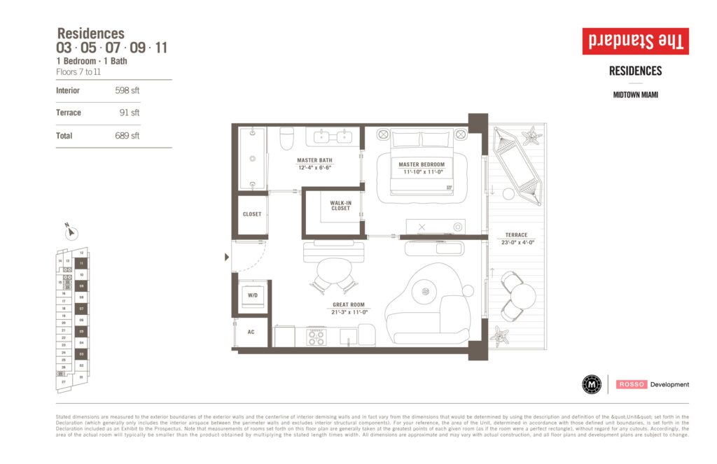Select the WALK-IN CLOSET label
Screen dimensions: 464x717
[340, 205]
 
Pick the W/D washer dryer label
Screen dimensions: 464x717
[251, 295]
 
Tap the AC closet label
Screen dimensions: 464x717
[250, 331]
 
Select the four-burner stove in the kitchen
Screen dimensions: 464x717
[317, 337]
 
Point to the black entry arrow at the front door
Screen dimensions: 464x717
[226, 258]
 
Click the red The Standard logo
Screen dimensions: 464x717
[635, 41]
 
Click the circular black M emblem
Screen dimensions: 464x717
[592, 384]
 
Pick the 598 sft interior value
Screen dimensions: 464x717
[127, 90]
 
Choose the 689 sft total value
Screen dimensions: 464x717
[127, 136]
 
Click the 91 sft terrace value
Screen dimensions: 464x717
[130, 113]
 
